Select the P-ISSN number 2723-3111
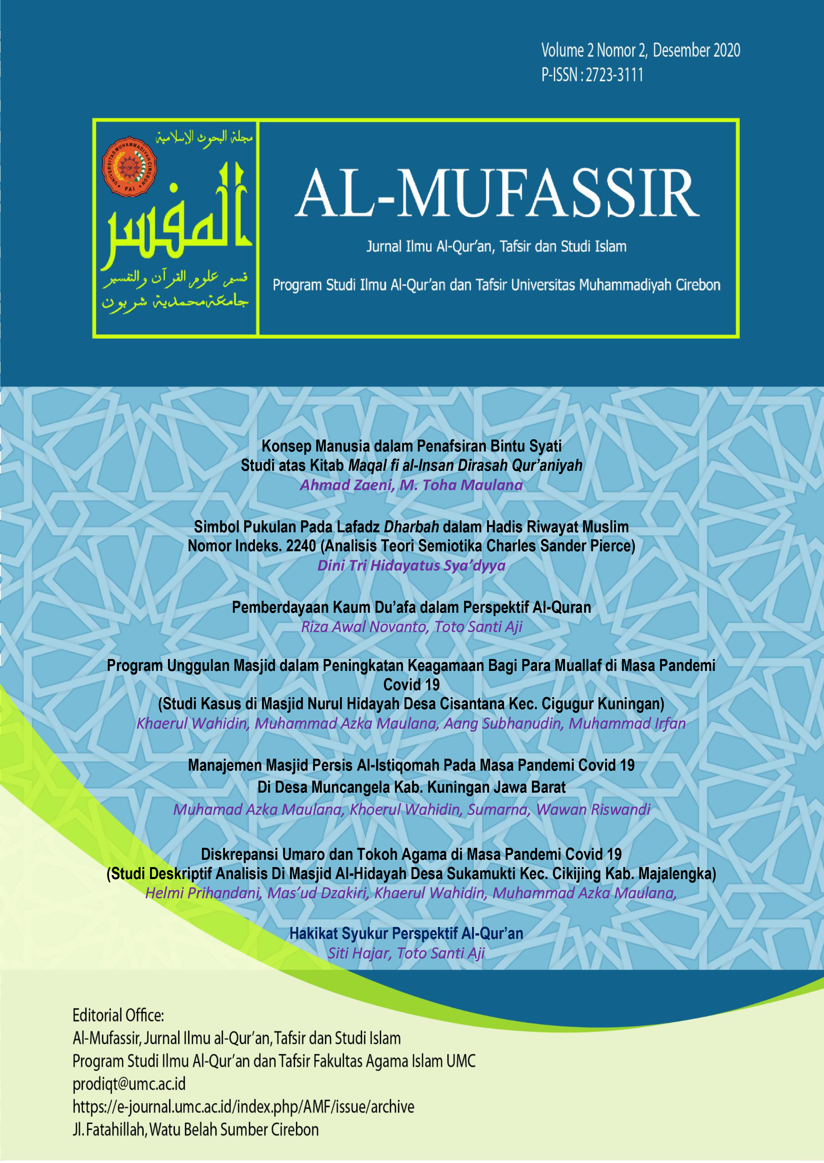pos(614,75)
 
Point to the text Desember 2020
pos(696,50)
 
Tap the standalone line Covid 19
pos(412,685)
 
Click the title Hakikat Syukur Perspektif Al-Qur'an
pos(406,933)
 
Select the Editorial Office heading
pos(118,1015)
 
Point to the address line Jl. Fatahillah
pos(195,1129)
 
